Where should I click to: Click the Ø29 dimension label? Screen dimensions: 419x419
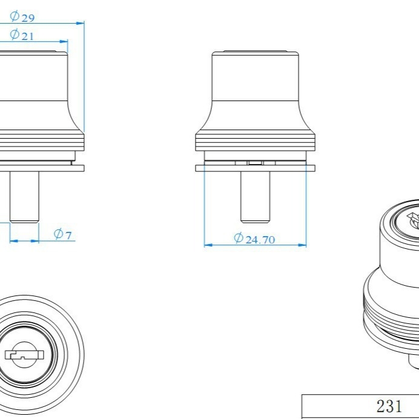tap(22, 16)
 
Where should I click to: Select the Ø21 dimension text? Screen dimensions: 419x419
tap(22, 35)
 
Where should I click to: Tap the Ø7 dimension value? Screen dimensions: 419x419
tap(63, 234)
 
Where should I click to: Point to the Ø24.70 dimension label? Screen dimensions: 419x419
tap(254, 239)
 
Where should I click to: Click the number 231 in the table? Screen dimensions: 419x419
tap(389, 406)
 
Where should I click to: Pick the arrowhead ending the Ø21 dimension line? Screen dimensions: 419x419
tap(64, 41)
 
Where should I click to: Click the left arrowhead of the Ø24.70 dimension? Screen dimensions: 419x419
tap(208, 245)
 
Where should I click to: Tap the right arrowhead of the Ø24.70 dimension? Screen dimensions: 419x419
tap(302, 245)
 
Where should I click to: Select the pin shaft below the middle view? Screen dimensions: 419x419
tap(255, 197)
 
